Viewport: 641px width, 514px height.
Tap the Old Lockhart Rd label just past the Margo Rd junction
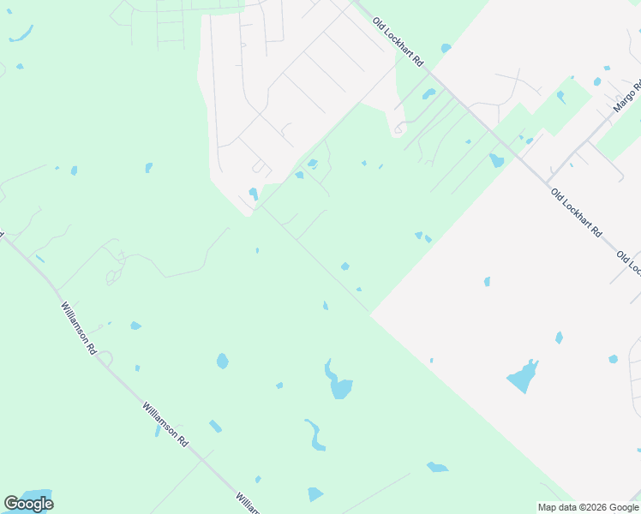point(577,213)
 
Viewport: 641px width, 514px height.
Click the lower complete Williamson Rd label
point(165,423)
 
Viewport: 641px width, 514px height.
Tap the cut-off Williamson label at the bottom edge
point(247,504)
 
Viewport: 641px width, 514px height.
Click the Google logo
point(28,504)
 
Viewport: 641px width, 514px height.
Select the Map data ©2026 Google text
point(588,507)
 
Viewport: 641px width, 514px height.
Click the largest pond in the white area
point(523,377)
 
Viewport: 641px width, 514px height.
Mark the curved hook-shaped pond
point(315,435)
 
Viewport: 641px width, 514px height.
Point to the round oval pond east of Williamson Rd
point(223,361)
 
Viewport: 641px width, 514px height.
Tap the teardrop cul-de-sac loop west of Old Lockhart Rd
point(397,130)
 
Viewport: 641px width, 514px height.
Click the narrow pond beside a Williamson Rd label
point(157,431)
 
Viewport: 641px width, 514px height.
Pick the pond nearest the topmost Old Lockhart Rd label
point(445,48)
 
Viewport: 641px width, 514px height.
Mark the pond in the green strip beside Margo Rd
point(561,97)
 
